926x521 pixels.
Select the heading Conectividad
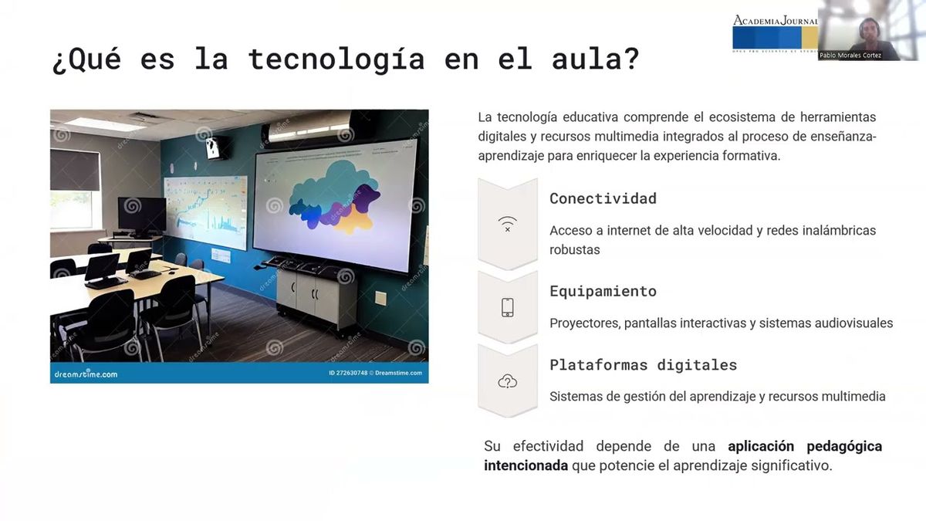pyautogui.click(x=603, y=198)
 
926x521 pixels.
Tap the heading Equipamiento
pyautogui.click(x=603, y=291)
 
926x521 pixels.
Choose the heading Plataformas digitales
pyautogui.click(x=643, y=364)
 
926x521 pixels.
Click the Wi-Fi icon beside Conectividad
pyautogui.click(x=507, y=224)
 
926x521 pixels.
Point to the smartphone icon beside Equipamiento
pyautogui.click(x=507, y=307)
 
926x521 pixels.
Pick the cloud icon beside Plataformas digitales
pyautogui.click(x=507, y=381)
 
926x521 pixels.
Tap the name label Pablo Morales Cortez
pyautogui.click(x=850, y=56)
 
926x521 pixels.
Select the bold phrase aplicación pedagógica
pyautogui.click(x=804, y=446)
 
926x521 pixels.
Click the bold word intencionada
pyautogui.click(x=526, y=466)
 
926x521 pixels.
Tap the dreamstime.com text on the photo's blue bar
pyautogui.click(x=86, y=374)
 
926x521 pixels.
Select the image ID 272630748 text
pyautogui.click(x=347, y=374)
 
